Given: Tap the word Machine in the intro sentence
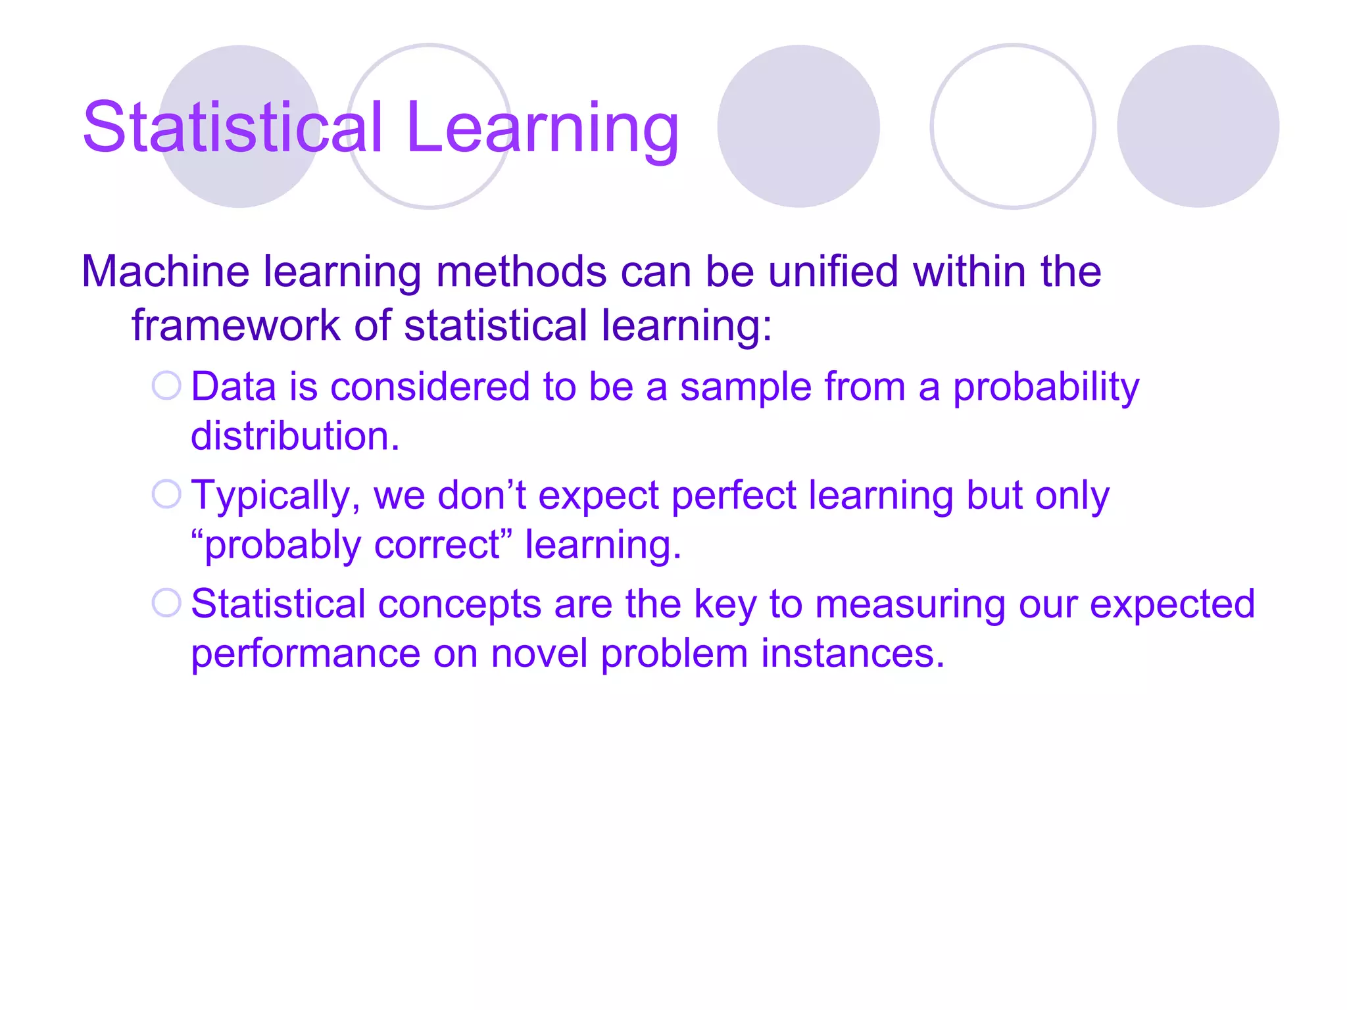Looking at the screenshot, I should tap(165, 272).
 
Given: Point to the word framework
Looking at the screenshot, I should tap(235, 325).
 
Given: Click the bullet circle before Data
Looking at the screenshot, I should tap(166, 385).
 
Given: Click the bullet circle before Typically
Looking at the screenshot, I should tap(166, 494).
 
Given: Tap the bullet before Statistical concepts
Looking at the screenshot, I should tap(166, 602).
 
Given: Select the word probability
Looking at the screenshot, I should tap(1046, 388).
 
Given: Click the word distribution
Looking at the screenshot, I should tap(295, 436).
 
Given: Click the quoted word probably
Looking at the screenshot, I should tap(283, 546).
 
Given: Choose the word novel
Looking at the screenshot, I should tap(539, 654).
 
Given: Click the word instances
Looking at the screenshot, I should tap(852, 654).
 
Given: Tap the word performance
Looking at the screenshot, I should tap(305, 655).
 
